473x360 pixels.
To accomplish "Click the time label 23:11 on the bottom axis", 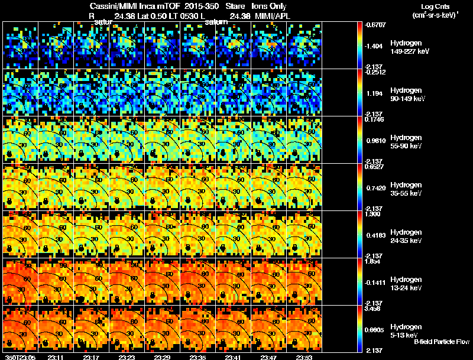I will pyautogui.click(x=56, y=357).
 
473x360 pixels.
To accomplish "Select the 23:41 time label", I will pyautogui.click(x=233, y=357).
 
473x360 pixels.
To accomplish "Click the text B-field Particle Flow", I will pyautogui.click(x=441, y=342).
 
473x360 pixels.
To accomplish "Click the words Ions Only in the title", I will pyautogui.click(x=269, y=6).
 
